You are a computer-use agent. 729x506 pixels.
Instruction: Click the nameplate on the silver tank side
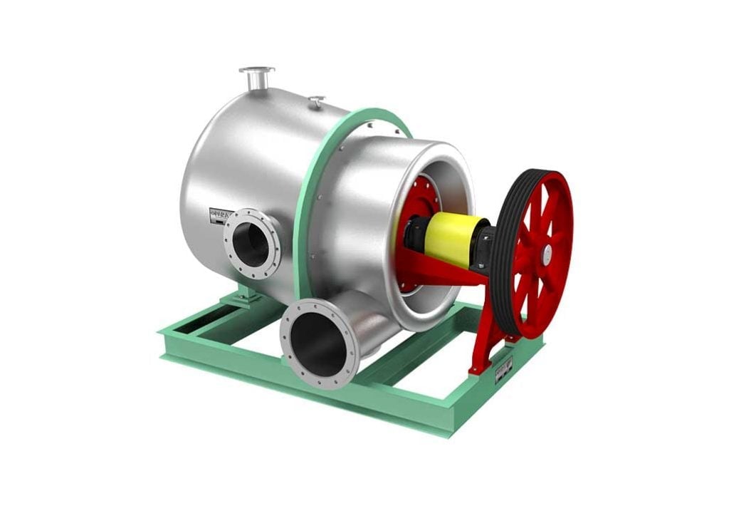(x=221, y=215)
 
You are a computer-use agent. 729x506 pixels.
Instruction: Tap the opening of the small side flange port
(x=252, y=244)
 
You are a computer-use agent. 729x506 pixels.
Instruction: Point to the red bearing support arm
(x=456, y=274)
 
